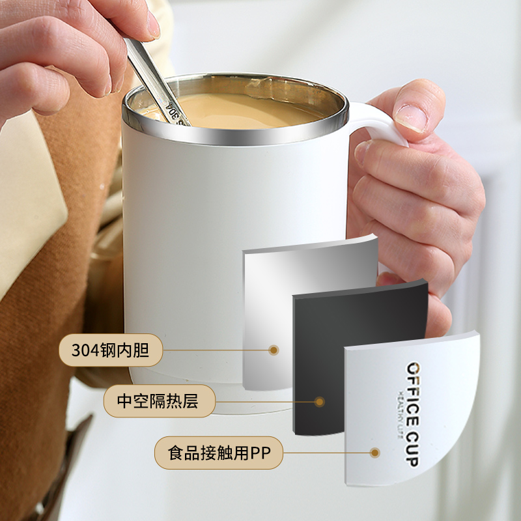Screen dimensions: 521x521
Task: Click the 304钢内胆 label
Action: (x=111, y=350)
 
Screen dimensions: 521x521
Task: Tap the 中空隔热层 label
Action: (x=159, y=401)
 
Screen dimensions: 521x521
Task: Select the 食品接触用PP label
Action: (x=219, y=453)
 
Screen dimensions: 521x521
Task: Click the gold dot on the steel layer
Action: (x=274, y=350)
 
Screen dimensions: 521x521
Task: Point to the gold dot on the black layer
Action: (x=320, y=402)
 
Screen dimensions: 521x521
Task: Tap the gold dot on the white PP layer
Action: (x=375, y=453)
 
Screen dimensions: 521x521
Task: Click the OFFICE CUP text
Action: (x=413, y=414)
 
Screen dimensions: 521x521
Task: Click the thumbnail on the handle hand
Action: (x=412, y=117)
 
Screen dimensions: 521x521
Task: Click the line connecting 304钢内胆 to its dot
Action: (x=216, y=350)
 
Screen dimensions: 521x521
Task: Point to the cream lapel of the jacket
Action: (x=30, y=199)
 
